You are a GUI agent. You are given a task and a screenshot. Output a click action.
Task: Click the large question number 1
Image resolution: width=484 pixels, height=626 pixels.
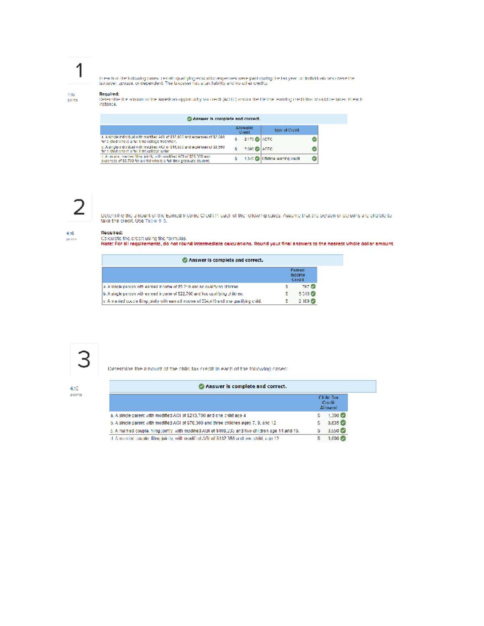79,71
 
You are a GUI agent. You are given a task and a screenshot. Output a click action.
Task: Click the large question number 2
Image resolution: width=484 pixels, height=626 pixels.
79,207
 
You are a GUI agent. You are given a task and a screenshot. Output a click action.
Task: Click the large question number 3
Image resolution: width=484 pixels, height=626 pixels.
84,359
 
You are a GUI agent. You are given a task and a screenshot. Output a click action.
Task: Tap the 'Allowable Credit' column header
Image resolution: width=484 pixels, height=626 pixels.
244,130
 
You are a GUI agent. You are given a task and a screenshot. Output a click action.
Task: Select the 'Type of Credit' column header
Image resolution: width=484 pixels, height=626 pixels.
287,130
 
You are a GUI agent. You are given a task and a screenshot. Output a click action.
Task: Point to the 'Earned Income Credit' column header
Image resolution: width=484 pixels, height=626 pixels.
298,275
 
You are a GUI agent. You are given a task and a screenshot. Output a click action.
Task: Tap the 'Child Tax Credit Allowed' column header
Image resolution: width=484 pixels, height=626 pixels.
328,402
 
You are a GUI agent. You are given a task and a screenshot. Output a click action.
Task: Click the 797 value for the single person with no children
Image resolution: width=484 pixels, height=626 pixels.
306,287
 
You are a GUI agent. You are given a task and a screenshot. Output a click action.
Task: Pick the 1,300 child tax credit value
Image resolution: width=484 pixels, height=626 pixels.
334,416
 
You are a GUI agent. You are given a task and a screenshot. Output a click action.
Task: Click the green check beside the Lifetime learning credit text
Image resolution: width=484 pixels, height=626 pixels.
314,159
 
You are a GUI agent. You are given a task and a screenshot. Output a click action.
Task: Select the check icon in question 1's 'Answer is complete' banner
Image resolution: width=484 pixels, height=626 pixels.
190,119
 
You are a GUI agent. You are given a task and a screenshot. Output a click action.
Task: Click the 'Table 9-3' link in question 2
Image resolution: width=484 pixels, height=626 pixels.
156,221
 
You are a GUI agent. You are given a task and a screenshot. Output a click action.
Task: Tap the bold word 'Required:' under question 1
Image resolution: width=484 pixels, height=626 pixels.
109,94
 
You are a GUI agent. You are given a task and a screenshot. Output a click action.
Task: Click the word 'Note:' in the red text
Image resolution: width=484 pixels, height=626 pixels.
107,244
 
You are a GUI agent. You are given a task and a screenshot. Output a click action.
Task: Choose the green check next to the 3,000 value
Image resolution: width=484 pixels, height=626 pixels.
343,439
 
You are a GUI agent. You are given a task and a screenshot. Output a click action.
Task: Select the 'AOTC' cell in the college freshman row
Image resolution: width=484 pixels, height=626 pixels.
267,139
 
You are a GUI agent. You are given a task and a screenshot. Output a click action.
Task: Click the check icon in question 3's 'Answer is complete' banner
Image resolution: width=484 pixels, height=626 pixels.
201,386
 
